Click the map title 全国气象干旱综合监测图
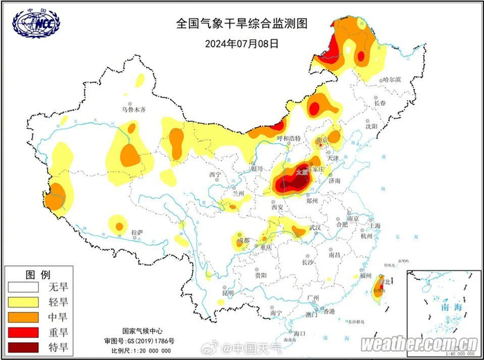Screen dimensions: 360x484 (241, 23)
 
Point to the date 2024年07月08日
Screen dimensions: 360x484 (241, 43)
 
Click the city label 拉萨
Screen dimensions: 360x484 (138, 232)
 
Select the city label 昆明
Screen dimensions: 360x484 (227, 293)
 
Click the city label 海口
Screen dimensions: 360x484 (299, 334)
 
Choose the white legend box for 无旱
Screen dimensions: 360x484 (25, 286)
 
